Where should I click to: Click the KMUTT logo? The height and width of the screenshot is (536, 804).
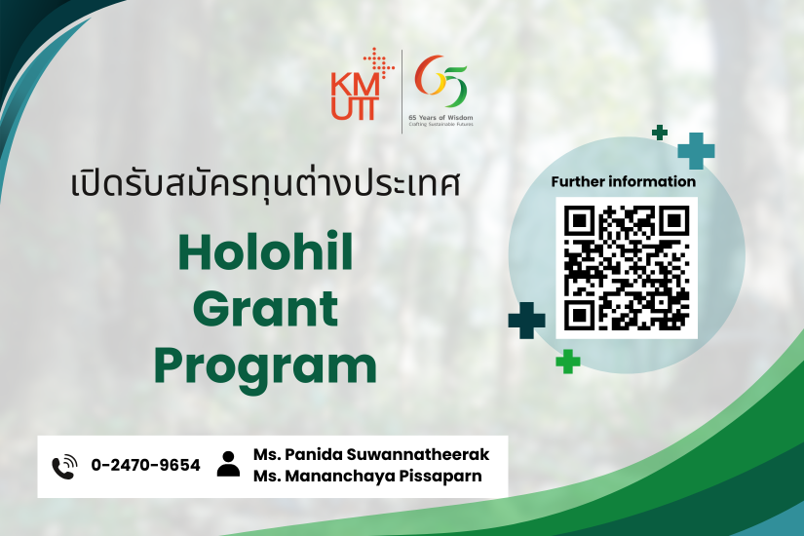(363, 84)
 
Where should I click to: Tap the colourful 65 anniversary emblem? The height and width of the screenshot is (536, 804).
(440, 81)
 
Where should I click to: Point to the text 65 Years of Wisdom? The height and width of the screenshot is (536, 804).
(440, 118)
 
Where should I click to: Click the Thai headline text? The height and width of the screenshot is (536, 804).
(265, 183)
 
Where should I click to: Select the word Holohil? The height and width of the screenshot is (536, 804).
(265, 251)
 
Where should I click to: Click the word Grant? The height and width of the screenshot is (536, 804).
(266, 309)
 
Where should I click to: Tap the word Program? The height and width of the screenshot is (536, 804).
(266, 368)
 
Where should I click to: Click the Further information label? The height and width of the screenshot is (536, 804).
(624, 181)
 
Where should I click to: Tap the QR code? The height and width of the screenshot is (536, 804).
(627, 268)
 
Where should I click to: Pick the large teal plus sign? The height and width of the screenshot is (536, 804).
(696, 151)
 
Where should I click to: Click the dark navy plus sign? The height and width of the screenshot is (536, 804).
(526, 321)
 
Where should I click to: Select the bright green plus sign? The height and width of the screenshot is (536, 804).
(568, 362)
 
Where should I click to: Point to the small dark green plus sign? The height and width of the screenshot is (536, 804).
(660, 133)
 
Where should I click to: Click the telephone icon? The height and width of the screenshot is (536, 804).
(64, 467)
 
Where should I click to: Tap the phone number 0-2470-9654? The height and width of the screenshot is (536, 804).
(145, 465)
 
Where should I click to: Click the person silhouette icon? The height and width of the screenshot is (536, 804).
(228, 464)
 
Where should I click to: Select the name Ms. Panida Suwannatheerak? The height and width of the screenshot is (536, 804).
(371, 454)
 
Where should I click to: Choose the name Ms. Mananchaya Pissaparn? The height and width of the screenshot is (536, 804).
(367, 476)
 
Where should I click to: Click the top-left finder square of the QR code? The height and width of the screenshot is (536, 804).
(579, 220)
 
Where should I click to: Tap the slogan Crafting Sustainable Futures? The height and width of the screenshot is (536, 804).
(440, 124)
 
